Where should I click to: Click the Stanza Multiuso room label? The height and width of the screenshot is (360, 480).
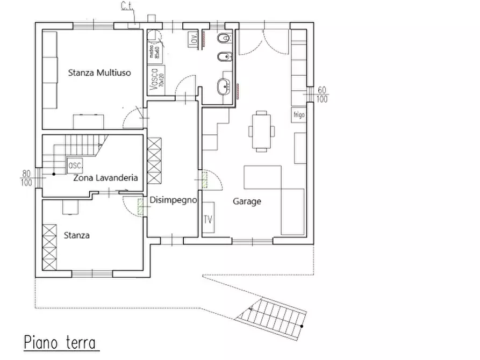[x=100, y=73]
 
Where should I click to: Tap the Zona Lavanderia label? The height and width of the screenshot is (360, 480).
[x=106, y=177]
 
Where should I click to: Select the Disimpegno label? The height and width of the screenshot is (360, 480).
[x=174, y=200]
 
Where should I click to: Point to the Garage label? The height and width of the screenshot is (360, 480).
[x=247, y=201]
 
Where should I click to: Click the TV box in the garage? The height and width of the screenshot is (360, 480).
[x=208, y=219]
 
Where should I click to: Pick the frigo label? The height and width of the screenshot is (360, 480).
[x=299, y=114]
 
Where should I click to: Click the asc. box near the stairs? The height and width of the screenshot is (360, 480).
[x=74, y=165]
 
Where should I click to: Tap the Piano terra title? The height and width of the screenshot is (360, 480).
[x=60, y=342]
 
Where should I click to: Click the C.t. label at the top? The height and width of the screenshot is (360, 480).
[x=127, y=6]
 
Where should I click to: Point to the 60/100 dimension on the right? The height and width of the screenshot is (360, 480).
[x=323, y=94]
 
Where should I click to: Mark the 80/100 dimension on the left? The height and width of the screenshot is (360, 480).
[x=26, y=178]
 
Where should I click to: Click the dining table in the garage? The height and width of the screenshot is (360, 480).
[x=261, y=130]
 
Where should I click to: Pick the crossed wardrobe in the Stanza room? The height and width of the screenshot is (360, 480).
[x=50, y=247]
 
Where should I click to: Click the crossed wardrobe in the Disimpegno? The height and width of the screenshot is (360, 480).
[x=155, y=161]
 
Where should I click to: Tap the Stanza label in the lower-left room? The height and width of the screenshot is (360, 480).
[x=76, y=235]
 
